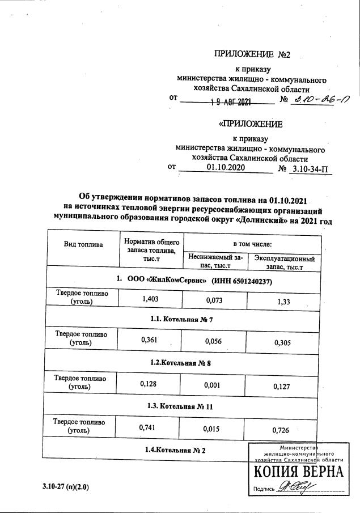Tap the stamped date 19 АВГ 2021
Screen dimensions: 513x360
pos(231,102)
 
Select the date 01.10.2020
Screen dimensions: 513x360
pos(226,168)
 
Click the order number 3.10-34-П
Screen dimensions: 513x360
pos(310,169)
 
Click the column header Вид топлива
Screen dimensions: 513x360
pos(83,245)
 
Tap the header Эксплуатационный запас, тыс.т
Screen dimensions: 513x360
pos(284,262)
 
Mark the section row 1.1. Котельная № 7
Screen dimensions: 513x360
pos(181,320)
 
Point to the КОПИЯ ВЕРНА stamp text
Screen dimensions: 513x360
pos(298,473)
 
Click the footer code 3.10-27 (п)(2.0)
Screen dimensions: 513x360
pos(65,487)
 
